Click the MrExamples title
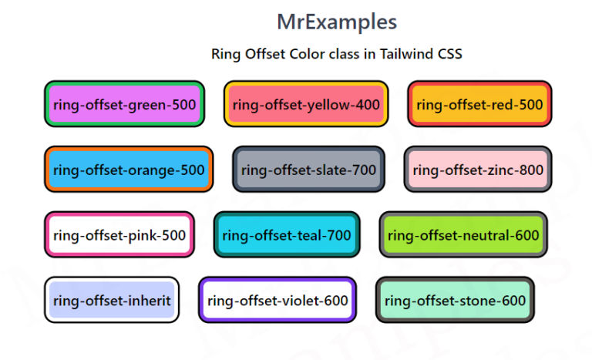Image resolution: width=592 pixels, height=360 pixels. coord(337,22)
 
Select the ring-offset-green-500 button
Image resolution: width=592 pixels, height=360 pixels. coord(125,104)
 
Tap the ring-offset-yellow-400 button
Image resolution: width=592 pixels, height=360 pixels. coord(306,104)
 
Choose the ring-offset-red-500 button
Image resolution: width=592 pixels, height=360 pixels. coord(479,104)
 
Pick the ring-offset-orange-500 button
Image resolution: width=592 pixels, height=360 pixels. coord(129,170)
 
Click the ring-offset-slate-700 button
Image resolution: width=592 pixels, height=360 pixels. coord(308,170)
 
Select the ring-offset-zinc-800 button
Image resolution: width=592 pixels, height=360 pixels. coord(478,170)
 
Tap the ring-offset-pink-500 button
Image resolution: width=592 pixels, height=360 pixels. coord(119,234)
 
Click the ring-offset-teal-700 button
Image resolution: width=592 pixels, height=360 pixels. coord(287,234)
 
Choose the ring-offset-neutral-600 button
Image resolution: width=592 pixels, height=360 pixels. coord(463,234)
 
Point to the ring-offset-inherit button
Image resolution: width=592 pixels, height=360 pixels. coord(112,300)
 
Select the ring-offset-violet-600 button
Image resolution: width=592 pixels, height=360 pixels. coord(277,300)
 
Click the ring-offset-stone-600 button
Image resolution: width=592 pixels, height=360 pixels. coord(455,300)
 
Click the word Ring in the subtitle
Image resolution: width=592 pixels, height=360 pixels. coord(226,55)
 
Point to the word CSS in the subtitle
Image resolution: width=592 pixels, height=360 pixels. coord(450,54)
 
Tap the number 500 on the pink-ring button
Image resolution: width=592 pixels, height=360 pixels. coord(173,235)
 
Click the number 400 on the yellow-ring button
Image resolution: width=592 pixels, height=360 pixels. coord(368,105)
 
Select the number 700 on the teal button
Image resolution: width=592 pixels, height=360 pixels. coord(338,235)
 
